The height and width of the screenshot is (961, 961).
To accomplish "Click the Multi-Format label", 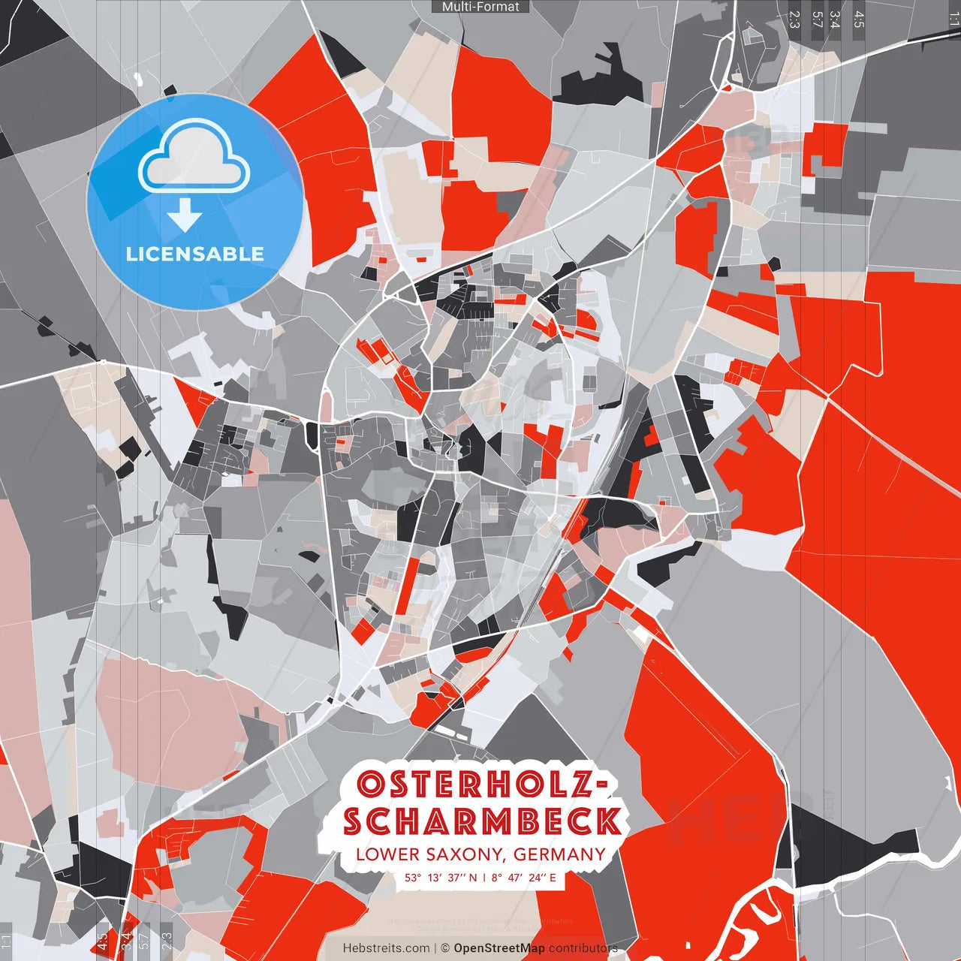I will pyautogui.click(x=480, y=7).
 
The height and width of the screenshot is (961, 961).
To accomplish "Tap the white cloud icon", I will pyautogui.click(x=194, y=158).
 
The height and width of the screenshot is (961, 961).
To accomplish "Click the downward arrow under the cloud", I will pyautogui.click(x=185, y=215).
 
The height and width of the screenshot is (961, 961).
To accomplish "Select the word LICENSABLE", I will pyautogui.click(x=194, y=254).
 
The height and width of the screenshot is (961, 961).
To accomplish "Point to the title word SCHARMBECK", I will pyautogui.click(x=482, y=821).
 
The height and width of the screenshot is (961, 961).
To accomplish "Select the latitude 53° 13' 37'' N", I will pyautogui.click(x=441, y=877).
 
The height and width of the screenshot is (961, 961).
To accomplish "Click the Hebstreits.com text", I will pyautogui.click(x=386, y=948).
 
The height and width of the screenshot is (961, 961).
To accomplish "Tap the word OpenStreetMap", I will pyautogui.click(x=499, y=948).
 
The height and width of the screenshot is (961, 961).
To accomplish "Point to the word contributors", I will pyautogui.click(x=583, y=948).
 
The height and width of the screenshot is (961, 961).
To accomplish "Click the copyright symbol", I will pyautogui.click(x=444, y=948).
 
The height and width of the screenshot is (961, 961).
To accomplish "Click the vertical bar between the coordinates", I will pyautogui.click(x=485, y=877).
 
